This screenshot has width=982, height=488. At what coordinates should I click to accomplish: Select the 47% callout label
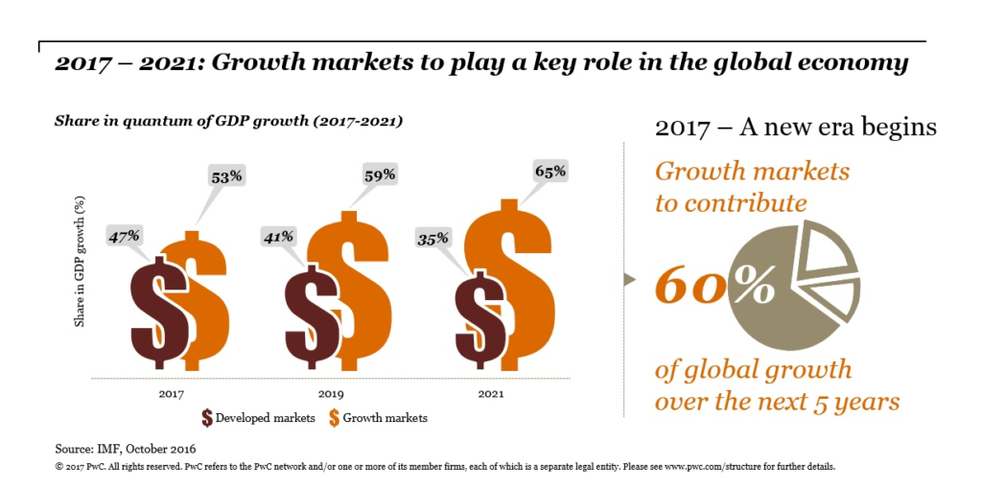[125, 235]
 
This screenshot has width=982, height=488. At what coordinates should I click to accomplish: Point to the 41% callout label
[279, 235]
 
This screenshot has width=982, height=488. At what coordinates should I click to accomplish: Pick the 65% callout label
[549, 173]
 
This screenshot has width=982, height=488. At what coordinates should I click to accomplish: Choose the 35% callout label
[433, 238]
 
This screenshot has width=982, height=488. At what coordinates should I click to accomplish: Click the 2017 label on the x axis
[172, 393]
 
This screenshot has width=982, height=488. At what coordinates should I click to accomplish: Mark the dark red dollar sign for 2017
[156, 313]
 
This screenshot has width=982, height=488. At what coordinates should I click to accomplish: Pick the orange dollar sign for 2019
[362, 292]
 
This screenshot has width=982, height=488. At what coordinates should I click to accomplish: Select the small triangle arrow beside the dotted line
[629, 280]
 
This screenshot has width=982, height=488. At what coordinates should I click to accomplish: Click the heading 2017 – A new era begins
[795, 128]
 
